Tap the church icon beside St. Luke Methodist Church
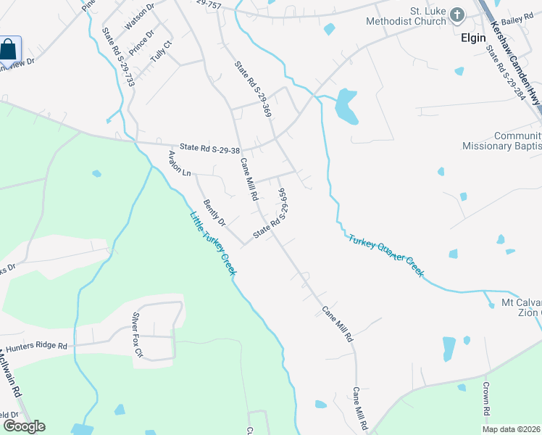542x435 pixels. pos(457,14)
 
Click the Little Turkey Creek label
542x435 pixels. pos(214,244)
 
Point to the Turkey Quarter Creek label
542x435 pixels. pos(385,255)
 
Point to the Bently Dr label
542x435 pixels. pos(214,212)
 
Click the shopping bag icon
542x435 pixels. pos(9,51)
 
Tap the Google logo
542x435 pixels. pos(24,426)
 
